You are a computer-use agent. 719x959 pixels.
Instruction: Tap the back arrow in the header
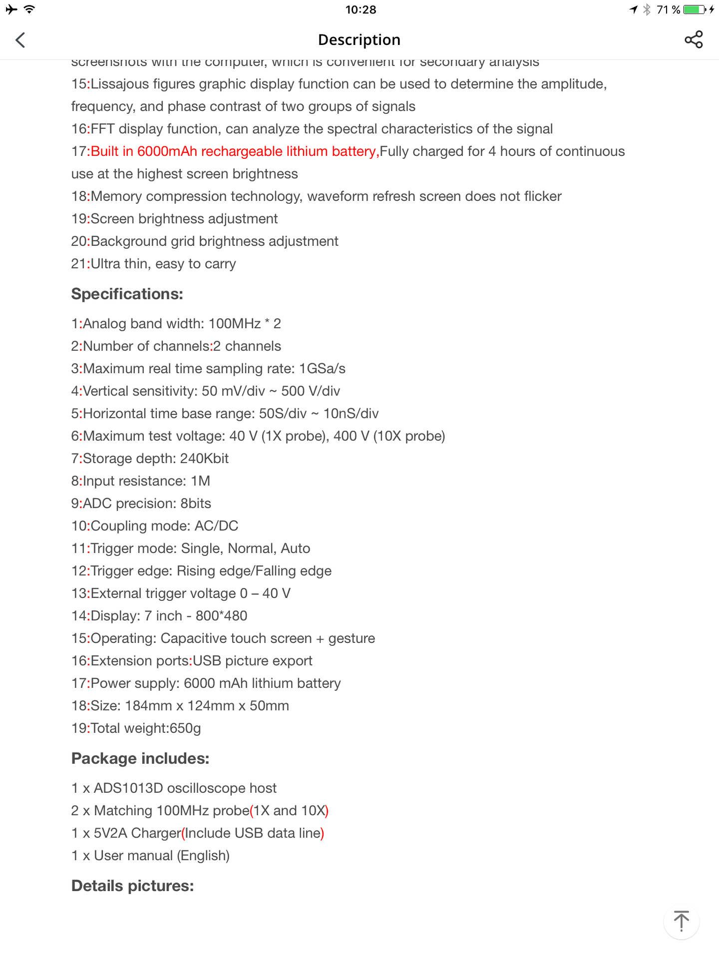click(20, 40)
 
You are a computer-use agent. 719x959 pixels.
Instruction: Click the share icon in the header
click(694, 39)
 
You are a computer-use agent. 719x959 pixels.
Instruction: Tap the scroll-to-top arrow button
click(681, 922)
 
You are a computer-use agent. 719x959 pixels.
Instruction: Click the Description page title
click(359, 40)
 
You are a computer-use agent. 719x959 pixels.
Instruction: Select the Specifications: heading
click(127, 294)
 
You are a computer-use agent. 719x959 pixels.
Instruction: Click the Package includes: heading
click(140, 759)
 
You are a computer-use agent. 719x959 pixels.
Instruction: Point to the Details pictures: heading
click(132, 886)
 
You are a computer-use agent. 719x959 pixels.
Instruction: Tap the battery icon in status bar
click(694, 9)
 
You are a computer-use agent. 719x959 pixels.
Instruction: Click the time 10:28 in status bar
click(360, 9)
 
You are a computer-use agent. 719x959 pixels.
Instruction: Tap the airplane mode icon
click(11, 9)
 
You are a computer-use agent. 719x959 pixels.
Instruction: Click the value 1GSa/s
click(322, 369)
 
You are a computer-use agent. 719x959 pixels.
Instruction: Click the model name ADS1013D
click(128, 788)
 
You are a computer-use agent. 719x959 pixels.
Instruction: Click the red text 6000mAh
click(167, 151)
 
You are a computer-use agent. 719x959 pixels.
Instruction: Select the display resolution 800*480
click(221, 616)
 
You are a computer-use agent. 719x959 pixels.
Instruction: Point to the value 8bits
click(196, 503)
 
